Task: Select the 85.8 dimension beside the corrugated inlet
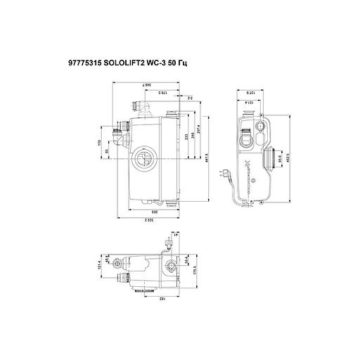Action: [278, 160]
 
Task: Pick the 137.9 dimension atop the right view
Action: [250, 92]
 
